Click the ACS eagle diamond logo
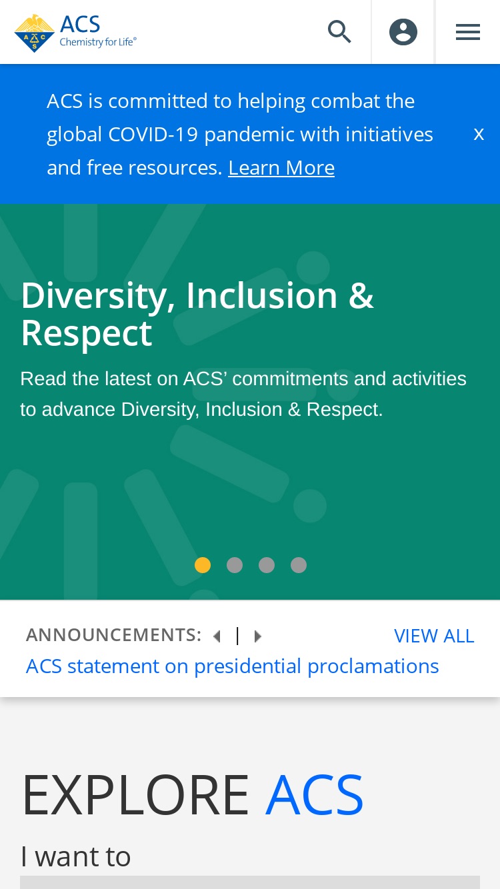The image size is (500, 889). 34,33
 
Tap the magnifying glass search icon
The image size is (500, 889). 339,31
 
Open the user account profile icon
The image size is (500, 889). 403,32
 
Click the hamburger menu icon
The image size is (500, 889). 468,32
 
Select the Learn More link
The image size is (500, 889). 281,167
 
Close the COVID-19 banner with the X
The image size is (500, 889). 479,135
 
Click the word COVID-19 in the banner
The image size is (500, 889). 153,134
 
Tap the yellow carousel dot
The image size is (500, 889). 203,564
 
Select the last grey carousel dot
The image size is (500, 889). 299,564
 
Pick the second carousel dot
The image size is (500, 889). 235,564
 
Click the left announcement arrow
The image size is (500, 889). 217,636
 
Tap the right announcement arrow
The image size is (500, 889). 258,636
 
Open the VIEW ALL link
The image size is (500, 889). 434,636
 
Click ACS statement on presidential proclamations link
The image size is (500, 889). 232,666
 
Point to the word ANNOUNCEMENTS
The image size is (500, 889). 113,634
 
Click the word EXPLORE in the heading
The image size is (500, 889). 135,794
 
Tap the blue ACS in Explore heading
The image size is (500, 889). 314,794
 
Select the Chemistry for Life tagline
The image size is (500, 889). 98,42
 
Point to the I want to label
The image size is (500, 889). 75,856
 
